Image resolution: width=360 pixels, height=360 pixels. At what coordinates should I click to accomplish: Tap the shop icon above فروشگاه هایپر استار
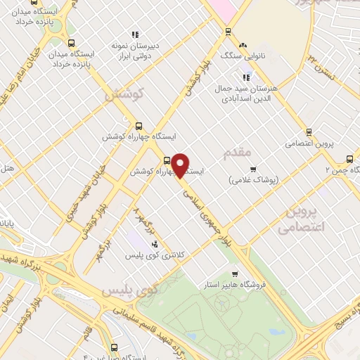(235, 274)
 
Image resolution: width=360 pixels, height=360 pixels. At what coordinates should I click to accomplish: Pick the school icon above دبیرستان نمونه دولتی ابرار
(134, 34)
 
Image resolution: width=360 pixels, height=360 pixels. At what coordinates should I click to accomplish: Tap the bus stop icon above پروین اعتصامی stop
(308, 131)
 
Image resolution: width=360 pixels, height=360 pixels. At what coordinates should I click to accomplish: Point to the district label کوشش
(125, 92)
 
